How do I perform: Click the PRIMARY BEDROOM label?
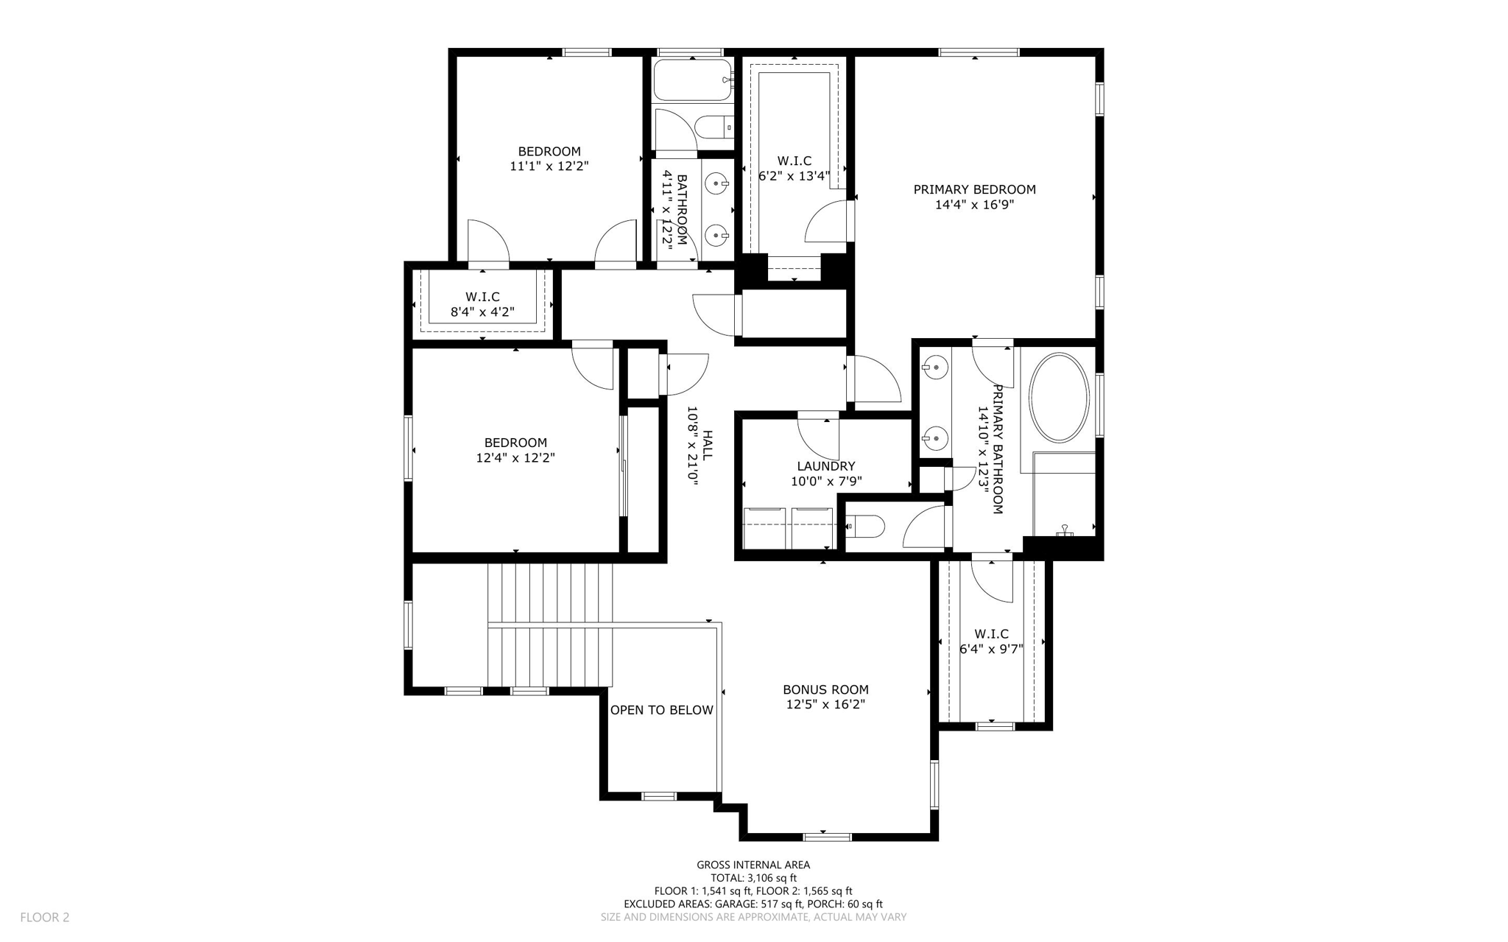[974, 189]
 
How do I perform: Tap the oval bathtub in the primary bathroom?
[1058, 398]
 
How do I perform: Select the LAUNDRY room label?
[825, 466]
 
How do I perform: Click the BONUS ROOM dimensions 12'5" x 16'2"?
[825, 705]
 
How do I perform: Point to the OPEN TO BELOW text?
[661, 710]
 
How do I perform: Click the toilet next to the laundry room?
[864, 527]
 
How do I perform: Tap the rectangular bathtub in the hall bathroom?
[691, 80]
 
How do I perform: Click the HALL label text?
[707, 446]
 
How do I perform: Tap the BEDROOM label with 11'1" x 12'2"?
[549, 152]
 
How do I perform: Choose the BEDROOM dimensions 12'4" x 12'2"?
[515, 458]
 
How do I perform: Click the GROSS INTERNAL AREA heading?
[753, 865]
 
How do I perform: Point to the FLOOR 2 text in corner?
[44, 917]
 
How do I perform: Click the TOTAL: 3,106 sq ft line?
[753, 878]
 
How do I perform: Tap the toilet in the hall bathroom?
[714, 128]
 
